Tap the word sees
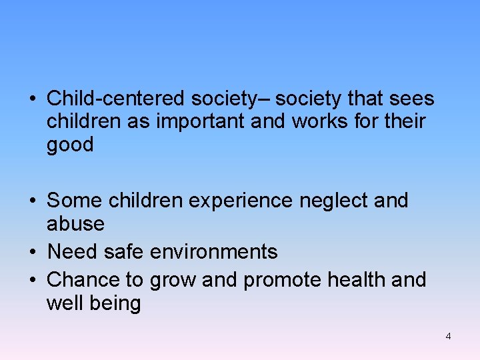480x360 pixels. coord(413,99)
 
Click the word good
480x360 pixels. coord(70,145)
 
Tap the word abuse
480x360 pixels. coord(75,223)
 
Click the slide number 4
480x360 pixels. coord(448,337)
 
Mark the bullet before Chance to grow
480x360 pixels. coord(32,280)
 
